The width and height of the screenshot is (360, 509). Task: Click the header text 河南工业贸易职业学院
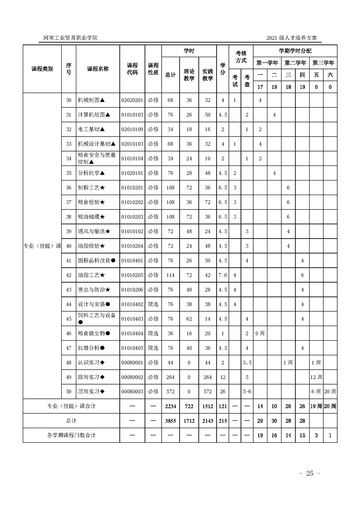pos(67,38)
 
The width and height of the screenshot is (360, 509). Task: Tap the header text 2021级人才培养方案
pos(294,38)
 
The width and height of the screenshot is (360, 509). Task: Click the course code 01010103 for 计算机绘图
pos(132,115)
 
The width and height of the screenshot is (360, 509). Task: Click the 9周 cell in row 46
pos(261,333)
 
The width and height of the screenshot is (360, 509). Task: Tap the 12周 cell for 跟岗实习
pos(316,377)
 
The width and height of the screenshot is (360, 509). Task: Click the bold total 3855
pos(171,421)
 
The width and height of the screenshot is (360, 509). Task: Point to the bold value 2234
pos(171,406)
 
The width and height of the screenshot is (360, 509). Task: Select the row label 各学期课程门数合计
pos(71,436)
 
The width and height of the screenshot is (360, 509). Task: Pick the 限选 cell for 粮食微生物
pos(153,333)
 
